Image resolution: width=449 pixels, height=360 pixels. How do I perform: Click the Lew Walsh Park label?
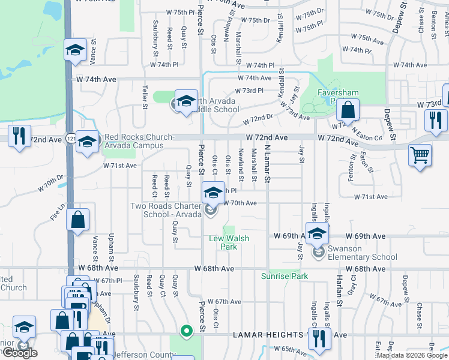click(229, 242)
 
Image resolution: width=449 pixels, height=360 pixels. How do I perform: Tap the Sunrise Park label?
click(284, 277)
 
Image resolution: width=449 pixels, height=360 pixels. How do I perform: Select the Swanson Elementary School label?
click(362, 253)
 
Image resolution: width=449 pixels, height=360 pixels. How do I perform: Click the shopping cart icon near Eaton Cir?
click(420, 155)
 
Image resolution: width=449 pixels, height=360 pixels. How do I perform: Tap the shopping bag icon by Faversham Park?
click(348, 110)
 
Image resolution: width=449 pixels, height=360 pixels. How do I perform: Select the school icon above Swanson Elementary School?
click(317, 233)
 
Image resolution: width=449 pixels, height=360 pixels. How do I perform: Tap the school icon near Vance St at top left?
click(76, 50)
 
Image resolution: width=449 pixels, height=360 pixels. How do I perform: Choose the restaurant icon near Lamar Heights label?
click(319, 338)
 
